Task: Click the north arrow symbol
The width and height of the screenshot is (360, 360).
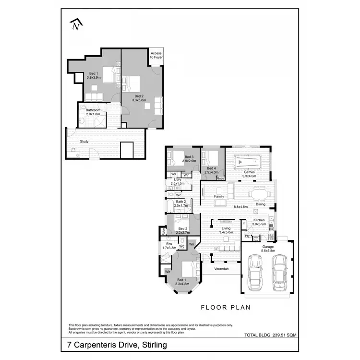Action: click(x=75, y=24)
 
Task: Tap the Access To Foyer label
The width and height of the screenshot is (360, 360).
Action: click(x=156, y=55)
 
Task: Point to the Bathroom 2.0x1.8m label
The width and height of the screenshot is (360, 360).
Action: click(x=93, y=112)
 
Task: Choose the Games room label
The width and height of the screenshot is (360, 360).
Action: click(x=249, y=174)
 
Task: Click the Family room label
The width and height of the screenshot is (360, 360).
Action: click(x=219, y=196)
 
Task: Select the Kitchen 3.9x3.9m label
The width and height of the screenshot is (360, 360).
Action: click(x=259, y=222)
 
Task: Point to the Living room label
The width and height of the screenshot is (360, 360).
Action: click(x=226, y=230)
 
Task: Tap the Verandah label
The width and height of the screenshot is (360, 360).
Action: click(x=221, y=268)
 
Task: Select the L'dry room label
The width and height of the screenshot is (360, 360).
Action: click(x=178, y=181)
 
